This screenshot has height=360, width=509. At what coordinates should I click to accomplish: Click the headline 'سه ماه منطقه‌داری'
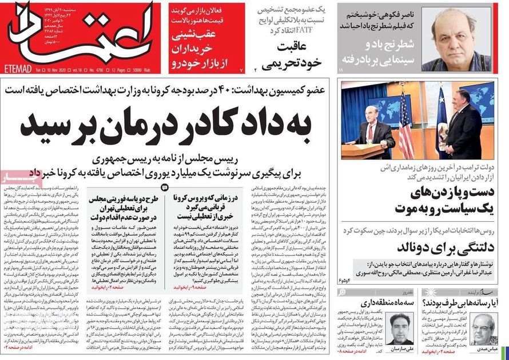click(x=384, y=301)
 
